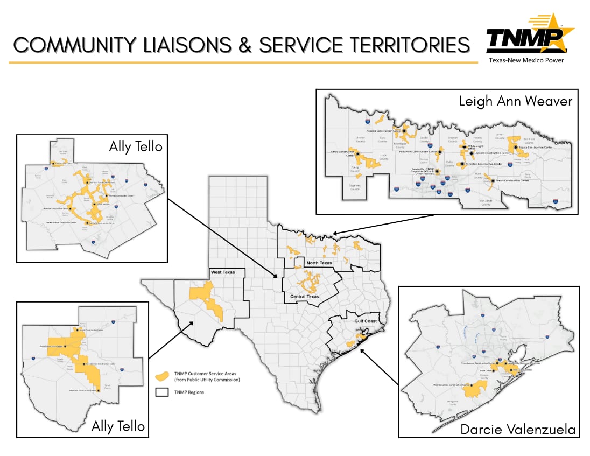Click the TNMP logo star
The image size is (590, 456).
pyautogui.click(x=554, y=32)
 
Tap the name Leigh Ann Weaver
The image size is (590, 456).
pyautogui.click(x=515, y=101)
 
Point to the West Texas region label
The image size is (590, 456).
pyautogui.click(x=224, y=272)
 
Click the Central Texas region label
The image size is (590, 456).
pyautogui.click(x=305, y=297)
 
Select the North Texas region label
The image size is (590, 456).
pyautogui.click(x=319, y=263)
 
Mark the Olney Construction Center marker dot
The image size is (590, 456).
pyautogui.click(x=357, y=153)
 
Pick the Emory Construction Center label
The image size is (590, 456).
pyautogui.click(x=511, y=181)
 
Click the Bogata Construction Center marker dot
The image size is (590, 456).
pyautogui.click(x=516, y=147)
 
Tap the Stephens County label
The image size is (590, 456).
pyautogui.click(x=355, y=187)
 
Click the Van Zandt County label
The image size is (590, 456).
pyautogui.click(x=486, y=203)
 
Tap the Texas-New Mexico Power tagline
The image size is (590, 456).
pyautogui.click(x=526, y=60)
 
